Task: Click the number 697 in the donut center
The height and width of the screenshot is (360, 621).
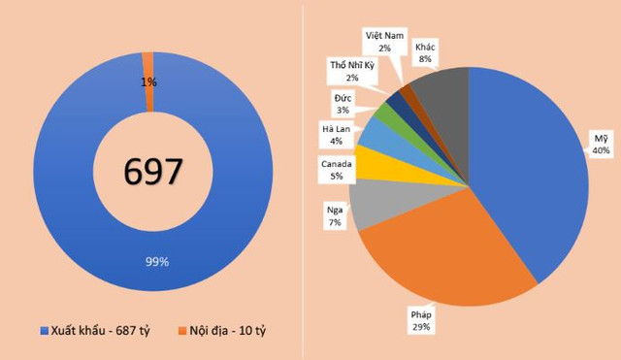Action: click(x=153, y=172)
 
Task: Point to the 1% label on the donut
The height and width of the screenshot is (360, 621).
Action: click(x=148, y=82)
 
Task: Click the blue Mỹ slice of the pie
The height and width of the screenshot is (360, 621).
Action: click(x=534, y=175)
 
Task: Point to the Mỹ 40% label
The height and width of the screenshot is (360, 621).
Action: click(x=602, y=145)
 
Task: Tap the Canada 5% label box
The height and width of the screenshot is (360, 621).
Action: click(x=337, y=171)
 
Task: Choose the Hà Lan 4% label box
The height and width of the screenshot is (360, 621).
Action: click(x=337, y=135)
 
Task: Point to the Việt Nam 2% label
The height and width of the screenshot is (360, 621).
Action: click(x=384, y=41)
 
